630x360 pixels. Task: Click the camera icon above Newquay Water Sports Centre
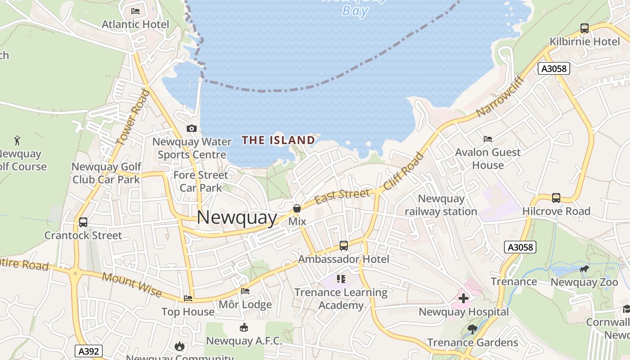[x=192, y=129]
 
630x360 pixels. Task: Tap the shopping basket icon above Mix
[x=297, y=208]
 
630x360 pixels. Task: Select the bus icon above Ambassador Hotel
[x=344, y=246]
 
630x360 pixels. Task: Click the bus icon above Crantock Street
[x=83, y=222]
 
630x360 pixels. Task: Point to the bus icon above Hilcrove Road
[x=556, y=198]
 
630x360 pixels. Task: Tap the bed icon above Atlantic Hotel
[x=135, y=11]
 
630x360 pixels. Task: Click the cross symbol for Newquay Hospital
[x=463, y=298]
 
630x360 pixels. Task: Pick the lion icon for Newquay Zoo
[x=584, y=270]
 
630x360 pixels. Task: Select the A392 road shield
[x=89, y=351]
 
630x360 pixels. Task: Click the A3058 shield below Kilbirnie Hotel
[x=554, y=69]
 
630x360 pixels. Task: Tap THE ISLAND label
[x=279, y=140]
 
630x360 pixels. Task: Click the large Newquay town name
[x=237, y=218]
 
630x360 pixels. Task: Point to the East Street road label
[x=342, y=196]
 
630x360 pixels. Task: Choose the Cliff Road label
[x=404, y=171]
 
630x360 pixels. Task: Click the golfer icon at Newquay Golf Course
[x=18, y=140]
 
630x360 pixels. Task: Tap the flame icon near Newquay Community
[x=180, y=346]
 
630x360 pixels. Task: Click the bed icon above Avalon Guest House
[x=488, y=139]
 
